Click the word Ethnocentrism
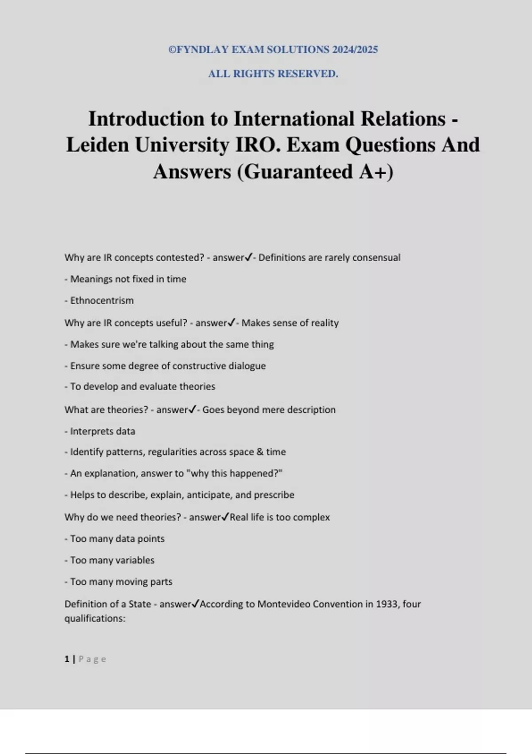[x=102, y=301]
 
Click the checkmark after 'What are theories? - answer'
[x=192, y=410]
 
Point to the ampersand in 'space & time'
[x=259, y=452]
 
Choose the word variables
[x=135, y=560]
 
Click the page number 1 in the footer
[x=67, y=659]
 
